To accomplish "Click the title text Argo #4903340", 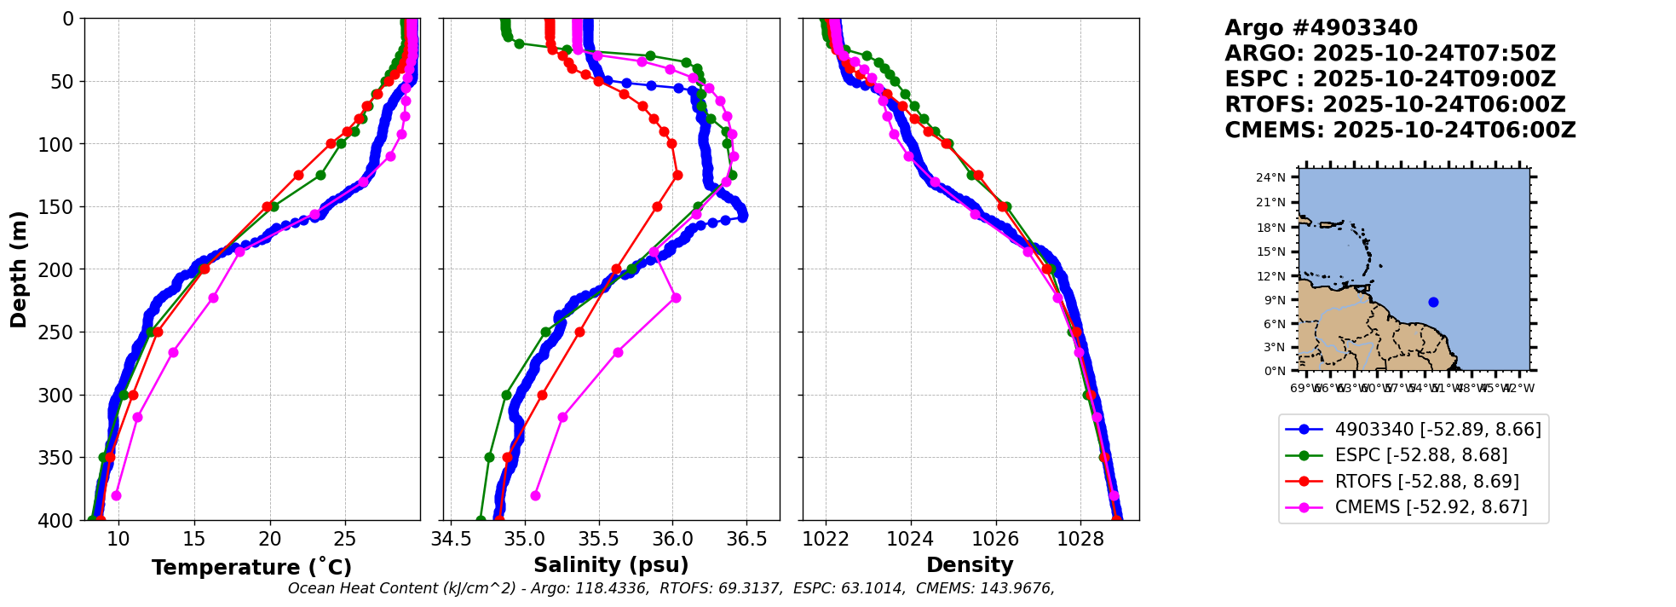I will pyautogui.click(x=1321, y=28).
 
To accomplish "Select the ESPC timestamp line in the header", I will pyautogui.click(x=1390, y=79).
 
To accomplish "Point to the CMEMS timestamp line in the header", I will pyautogui.click(x=1400, y=130).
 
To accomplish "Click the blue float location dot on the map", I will pyautogui.click(x=1433, y=302).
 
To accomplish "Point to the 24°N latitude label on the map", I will pyautogui.click(x=1270, y=177).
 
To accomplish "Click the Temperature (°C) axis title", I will pyautogui.click(x=251, y=568).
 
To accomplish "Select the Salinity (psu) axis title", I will pyautogui.click(x=611, y=565).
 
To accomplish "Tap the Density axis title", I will pyautogui.click(x=970, y=565).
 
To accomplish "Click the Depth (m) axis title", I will pyautogui.click(x=19, y=269).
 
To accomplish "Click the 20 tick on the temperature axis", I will pyautogui.click(x=269, y=539).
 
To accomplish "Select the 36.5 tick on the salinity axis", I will pyautogui.click(x=746, y=539).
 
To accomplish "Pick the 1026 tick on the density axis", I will pyautogui.click(x=995, y=539).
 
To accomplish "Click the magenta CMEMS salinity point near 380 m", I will pyautogui.click(x=535, y=495).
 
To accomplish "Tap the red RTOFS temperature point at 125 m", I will pyautogui.click(x=298, y=175).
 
